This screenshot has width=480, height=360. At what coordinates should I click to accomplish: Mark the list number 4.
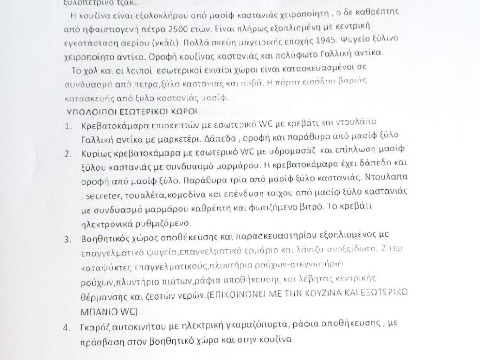pyautogui.click(x=67, y=327)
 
